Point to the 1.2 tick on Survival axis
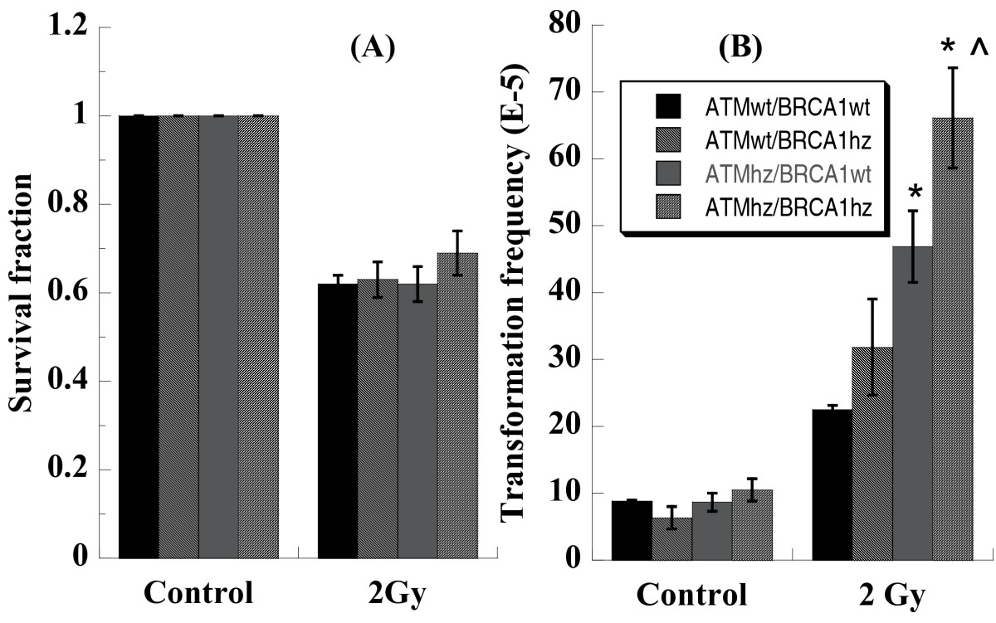[x=64, y=27]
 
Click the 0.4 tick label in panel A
[x=64, y=382]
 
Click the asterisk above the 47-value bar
[x=915, y=192]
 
